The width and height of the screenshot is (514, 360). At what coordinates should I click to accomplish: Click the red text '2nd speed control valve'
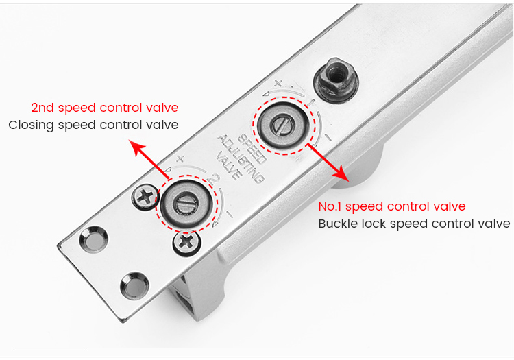[104, 108]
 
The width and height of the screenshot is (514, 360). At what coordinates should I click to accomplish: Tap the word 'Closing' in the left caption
[29, 125]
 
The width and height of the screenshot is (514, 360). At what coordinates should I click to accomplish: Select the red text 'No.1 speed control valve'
[392, 206]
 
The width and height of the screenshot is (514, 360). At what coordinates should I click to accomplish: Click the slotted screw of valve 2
[187, 202]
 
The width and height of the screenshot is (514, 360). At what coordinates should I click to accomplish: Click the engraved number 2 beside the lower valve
[215, 180]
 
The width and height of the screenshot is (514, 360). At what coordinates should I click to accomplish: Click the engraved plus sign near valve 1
[278, 84]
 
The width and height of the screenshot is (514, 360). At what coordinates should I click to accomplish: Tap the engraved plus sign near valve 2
[180, 158]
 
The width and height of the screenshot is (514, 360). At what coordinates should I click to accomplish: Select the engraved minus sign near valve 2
[228, 214]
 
